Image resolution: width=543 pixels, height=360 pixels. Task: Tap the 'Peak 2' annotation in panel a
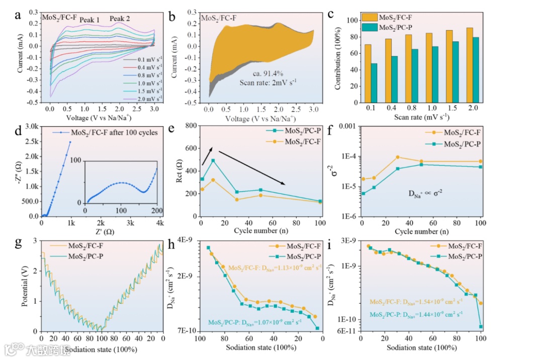[x=120, y=19]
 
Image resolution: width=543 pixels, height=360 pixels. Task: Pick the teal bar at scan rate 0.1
[x=375, y=83]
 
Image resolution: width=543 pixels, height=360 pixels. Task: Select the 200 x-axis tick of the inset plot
[x=157, y=210]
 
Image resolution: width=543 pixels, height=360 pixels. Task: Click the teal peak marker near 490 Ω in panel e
[x=213, y=161]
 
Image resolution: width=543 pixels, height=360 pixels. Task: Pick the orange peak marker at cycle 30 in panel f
[x=397, y=157]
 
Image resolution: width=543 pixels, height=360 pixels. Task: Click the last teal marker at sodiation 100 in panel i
[x=481, y=327]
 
